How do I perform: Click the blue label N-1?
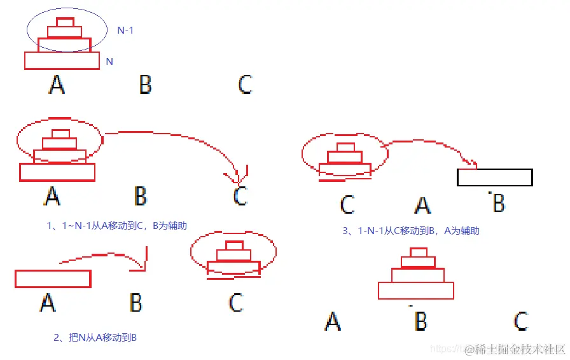pos(125,30)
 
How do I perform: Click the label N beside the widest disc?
pos(109,62)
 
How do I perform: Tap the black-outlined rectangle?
pos(494,177)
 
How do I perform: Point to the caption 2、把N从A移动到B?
pos(95,338)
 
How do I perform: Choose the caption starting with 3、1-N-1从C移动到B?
pos(410,231)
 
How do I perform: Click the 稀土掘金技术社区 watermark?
pos(515,349)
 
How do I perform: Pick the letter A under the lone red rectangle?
pos(48,302)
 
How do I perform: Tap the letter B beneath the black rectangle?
pos(499,204)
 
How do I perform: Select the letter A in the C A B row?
pos(422,205)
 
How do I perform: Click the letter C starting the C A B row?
pos(347,205)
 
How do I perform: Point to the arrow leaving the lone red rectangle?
pos(105,257)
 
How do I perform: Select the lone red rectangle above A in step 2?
pos(53,279)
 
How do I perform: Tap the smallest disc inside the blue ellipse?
pos(65,22)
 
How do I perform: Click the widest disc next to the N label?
pos(62,60)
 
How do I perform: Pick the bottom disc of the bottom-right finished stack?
pos(415,291)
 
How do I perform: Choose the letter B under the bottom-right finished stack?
pos(421,322)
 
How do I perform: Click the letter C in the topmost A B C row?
pos(245,85)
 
